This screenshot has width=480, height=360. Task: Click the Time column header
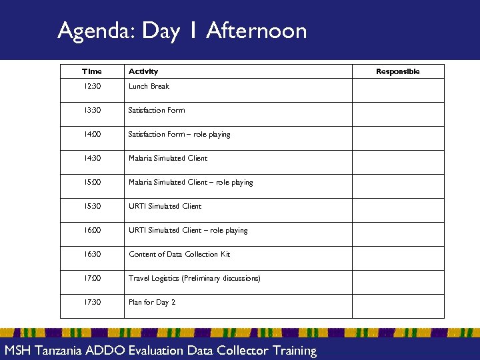click(92, 71)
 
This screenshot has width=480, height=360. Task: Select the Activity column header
click(143, 71)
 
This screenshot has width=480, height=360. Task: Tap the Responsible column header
click(398, 71)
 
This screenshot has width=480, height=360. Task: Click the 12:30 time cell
click(92, 87)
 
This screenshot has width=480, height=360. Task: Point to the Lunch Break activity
click(149, 87)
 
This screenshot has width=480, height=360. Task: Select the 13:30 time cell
click(92, 111)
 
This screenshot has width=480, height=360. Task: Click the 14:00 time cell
click(92, 135)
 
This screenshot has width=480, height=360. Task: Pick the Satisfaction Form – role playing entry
click(179, 135)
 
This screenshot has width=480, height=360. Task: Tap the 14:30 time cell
click(92, 159)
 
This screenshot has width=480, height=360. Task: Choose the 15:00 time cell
click(92, 183)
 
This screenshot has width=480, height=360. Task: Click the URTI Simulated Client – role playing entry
click(188, 231)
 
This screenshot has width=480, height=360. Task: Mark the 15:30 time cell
click(92, 207)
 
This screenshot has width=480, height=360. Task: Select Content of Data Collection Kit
click(179, 255)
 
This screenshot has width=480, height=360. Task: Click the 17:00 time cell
click(92, 279)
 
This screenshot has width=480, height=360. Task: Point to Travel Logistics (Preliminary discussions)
click(194, 279)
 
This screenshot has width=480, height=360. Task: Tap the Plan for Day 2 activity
click(152, 303)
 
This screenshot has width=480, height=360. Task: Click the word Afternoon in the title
click(257, 31)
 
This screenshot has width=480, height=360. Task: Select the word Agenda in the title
click(96, 31)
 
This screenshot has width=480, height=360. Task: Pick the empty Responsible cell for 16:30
click(398, 255)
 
